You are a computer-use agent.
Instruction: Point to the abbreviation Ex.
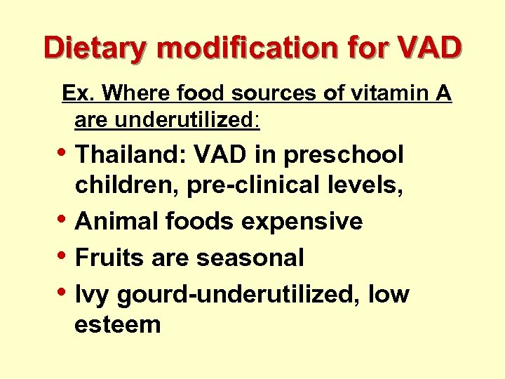click(76, 93)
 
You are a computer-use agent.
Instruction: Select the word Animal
click(115, 222)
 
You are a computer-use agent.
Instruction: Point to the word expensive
click(302, 222)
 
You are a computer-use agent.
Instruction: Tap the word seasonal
click(250, 258)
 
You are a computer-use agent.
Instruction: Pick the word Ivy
click(93, 294)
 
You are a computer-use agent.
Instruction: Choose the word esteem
click(118, 325)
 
